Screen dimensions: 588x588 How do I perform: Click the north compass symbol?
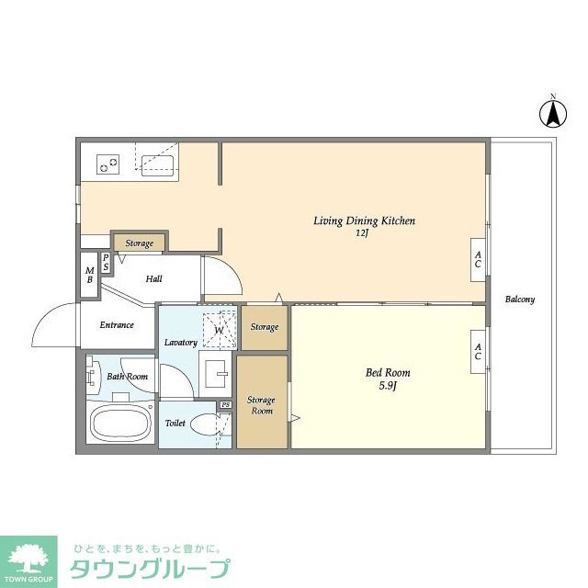[552, 113]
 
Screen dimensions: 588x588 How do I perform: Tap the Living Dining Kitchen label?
[365, 220]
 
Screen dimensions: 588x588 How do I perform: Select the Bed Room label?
[388, 372]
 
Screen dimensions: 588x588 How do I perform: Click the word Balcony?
[520, 300]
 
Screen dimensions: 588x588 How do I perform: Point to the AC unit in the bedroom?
[479, 352]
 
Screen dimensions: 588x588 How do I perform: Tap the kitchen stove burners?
[108, 164]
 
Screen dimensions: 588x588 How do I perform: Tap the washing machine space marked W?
[219, 328]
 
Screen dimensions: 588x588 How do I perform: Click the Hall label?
[154, 278]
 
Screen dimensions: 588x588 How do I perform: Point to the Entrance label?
[117, 324]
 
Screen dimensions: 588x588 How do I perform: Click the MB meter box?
[89, 274]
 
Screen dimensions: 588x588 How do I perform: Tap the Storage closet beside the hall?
[139, 243]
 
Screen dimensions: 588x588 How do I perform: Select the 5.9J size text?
[388, 386]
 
